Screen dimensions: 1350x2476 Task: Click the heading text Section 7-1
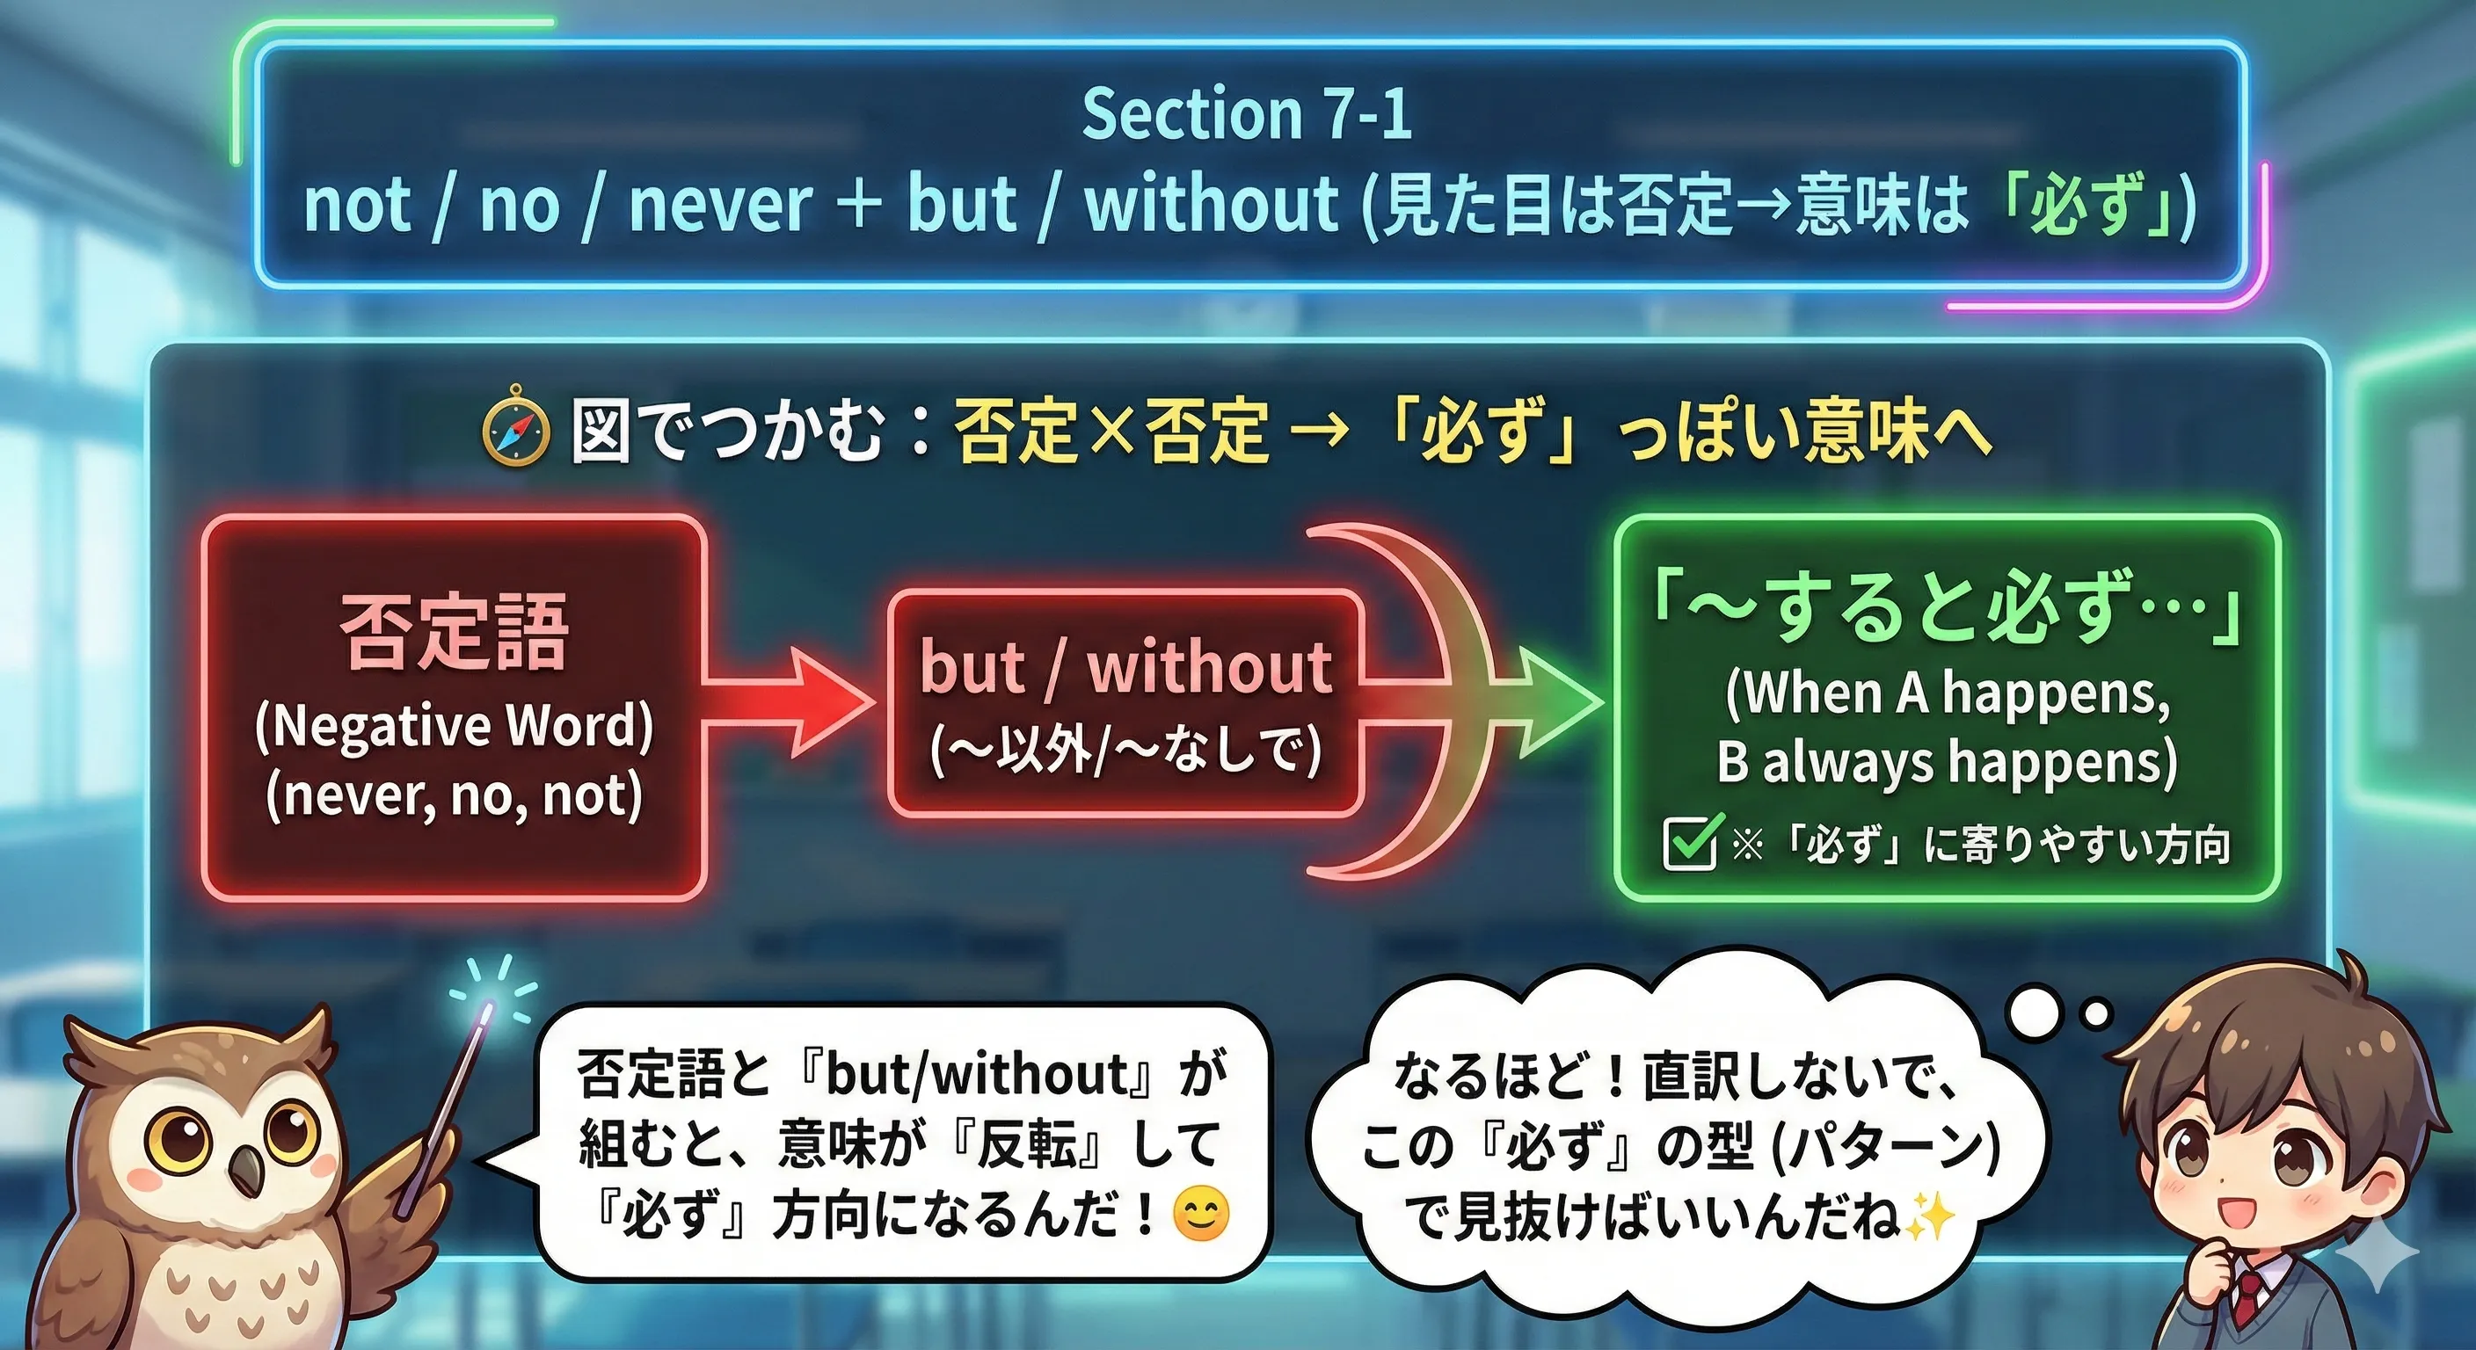point(1247,114)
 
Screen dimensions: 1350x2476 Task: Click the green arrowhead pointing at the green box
point(1562,701)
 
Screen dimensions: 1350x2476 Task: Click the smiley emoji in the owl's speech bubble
point(1201,1215)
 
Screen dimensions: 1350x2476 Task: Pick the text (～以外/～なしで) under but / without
point(1125,751)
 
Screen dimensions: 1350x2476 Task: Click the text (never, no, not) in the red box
point(454,795)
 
